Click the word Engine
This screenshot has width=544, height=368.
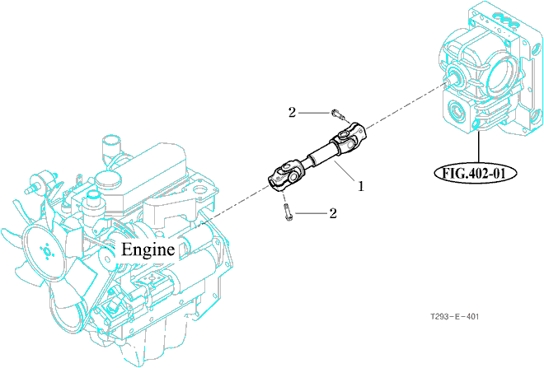tap(148, 249)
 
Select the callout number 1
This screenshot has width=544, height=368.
tap(360, 186)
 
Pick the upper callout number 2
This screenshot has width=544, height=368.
tap(291, 111)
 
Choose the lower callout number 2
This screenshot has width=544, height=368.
tap(333, 214)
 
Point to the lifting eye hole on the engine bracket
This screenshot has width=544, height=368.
tap(199, 191)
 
